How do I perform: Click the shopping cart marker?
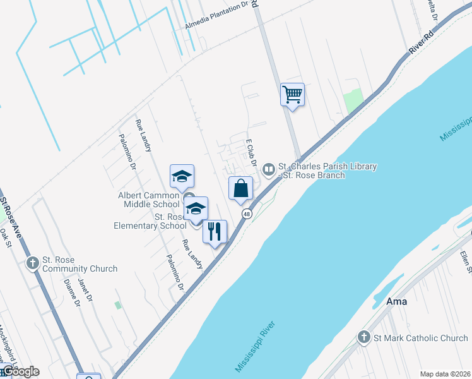292,95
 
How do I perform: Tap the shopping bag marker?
240,188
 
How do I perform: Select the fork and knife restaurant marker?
215,232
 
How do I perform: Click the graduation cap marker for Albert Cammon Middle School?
182,176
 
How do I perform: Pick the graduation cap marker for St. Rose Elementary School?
196,208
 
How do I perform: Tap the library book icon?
269,169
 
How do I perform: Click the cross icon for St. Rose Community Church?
33,262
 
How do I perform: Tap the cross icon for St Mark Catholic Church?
364,338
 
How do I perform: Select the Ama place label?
397,301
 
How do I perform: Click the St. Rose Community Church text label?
80,264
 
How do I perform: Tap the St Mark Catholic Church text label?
420,338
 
